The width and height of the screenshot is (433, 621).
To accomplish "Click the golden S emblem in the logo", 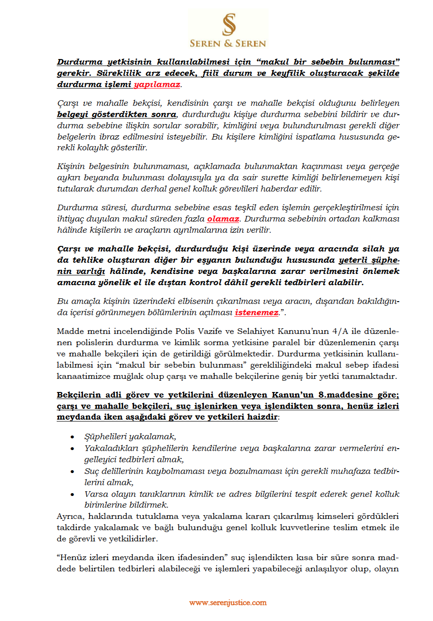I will coord(229,24).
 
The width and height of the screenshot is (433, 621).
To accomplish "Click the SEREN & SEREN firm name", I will coord(228,44).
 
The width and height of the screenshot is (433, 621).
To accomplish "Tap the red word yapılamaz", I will coord(157,85).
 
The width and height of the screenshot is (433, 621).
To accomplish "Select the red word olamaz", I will coord(223,219).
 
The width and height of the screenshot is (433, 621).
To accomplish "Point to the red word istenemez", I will coord(256,312).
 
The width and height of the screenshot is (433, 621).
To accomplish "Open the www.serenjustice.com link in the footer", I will coord(228,603).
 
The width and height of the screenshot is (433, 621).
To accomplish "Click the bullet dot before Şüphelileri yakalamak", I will coord(72,437).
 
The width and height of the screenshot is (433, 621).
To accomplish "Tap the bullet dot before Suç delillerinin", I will coord(72,472).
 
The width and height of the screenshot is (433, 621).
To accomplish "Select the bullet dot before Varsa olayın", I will coord(72,495).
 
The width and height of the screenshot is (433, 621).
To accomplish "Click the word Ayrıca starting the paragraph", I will coord(70,517).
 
